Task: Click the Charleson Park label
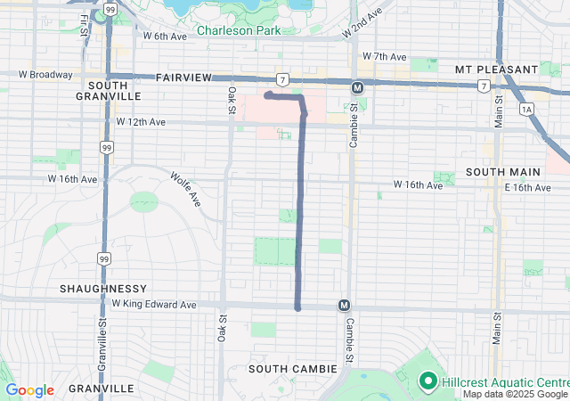coord(238,30)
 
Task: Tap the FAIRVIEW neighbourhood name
coord(183,78)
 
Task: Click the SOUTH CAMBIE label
coord(293,368)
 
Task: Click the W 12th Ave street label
coord(141,121)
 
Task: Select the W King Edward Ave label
coord(154,304)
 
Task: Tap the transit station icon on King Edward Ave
coord(344,306)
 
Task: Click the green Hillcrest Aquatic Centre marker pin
coord(427,381)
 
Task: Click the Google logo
coord(29,390)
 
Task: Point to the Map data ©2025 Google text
coord(514,395)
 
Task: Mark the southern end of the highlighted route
coord(297,308)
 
